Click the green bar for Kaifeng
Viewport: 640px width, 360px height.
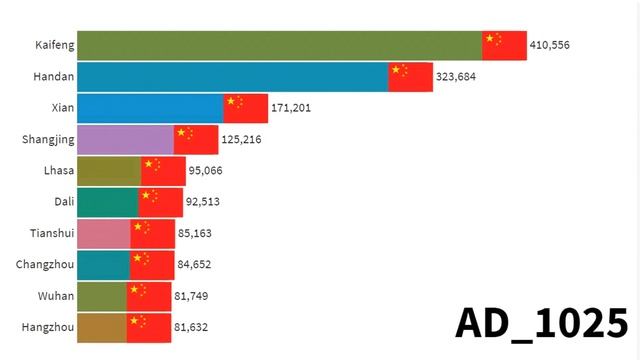coord(279,46)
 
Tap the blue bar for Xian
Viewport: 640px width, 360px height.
coord(150,108)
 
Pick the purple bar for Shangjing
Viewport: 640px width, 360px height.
coord(125,139)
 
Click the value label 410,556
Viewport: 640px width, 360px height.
coord(550,46)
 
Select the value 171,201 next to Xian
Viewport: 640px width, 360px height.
coord(292,108)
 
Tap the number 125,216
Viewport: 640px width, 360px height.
coord(242,139)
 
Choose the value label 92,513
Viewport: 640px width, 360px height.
coord(205,202)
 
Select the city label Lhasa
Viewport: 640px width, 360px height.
coord(56,171)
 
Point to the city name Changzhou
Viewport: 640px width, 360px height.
coord(43,264)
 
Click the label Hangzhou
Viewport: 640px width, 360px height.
coord(45,326)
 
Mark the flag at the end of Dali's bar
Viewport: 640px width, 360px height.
coord(161,202)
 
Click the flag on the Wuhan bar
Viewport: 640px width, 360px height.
coord(149,296)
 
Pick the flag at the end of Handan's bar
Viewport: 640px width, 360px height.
coord(411,77)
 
